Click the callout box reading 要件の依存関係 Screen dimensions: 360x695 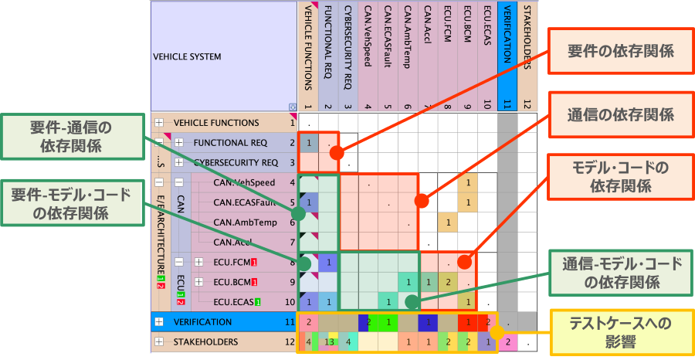point(620,51)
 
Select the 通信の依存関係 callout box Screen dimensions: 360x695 point(620,114)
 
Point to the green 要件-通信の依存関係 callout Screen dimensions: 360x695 point(72,136)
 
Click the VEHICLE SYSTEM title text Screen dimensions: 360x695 point(188,57)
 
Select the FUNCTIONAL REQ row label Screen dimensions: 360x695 point(230,143)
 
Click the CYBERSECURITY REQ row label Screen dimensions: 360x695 point(236,163)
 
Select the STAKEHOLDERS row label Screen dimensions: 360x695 point(205,341)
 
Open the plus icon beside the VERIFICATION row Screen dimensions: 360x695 point(159,321)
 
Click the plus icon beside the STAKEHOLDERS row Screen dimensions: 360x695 point(159,341)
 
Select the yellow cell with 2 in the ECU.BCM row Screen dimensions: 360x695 point(447,282)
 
